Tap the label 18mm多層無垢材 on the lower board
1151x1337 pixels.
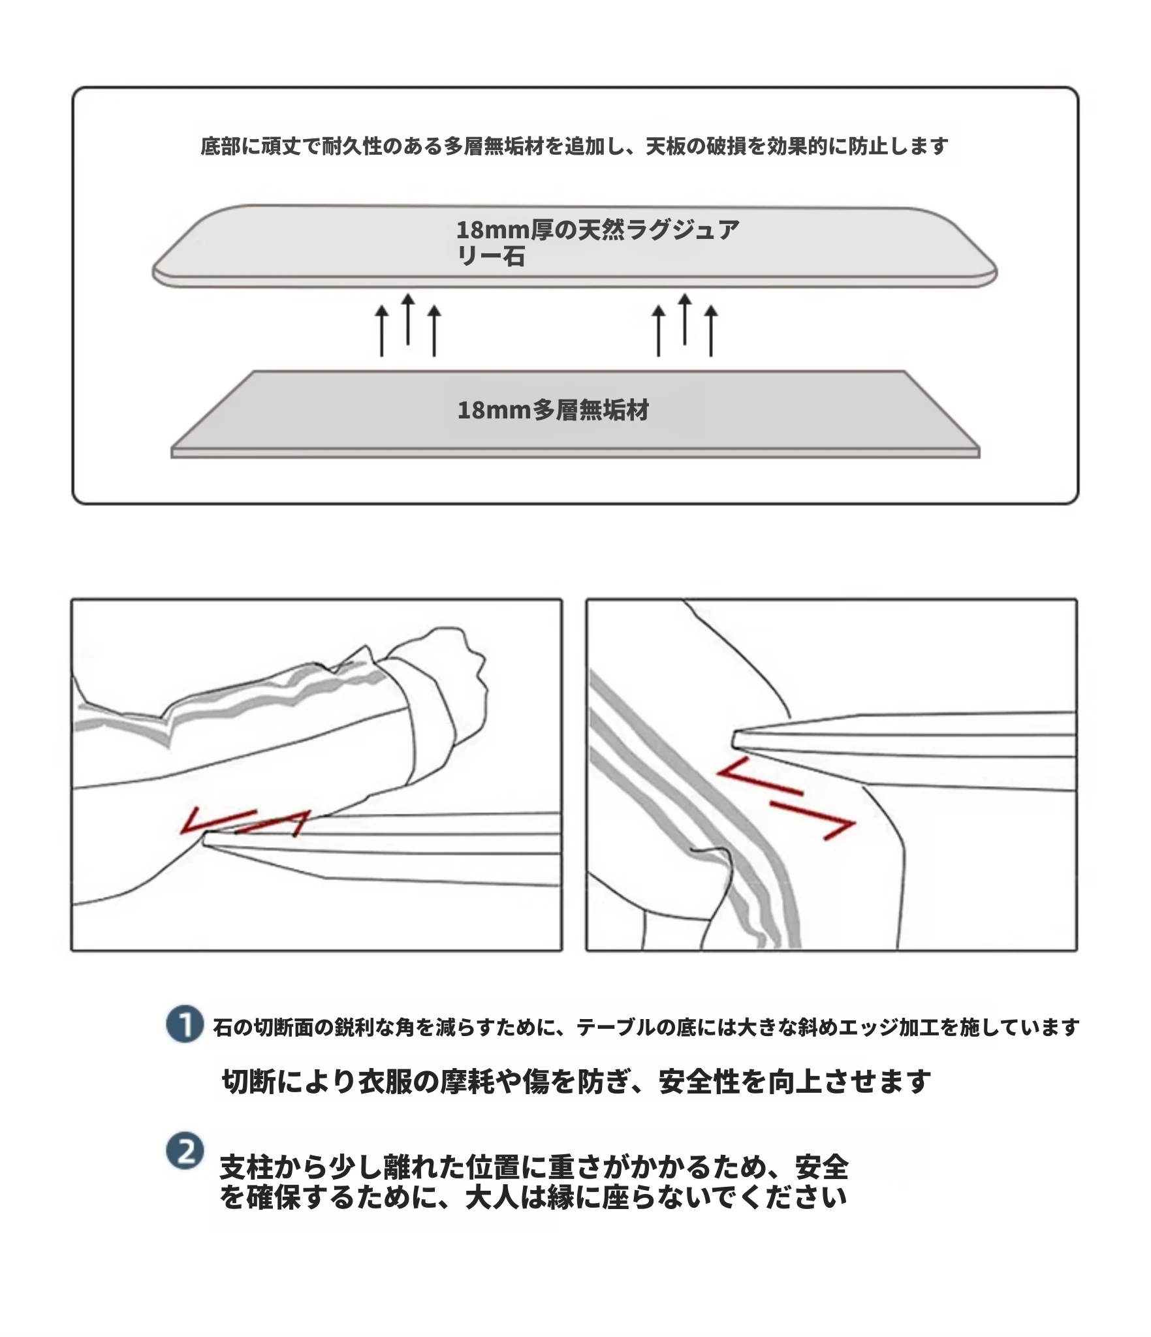[x=553, y=411]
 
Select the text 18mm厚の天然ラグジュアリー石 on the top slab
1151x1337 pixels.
[x=597, y=243]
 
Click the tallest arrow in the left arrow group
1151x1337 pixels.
[x=407, y=319]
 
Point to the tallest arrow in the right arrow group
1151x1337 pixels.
[x=684, y=319]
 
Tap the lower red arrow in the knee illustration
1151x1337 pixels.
[x=813, y=820]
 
